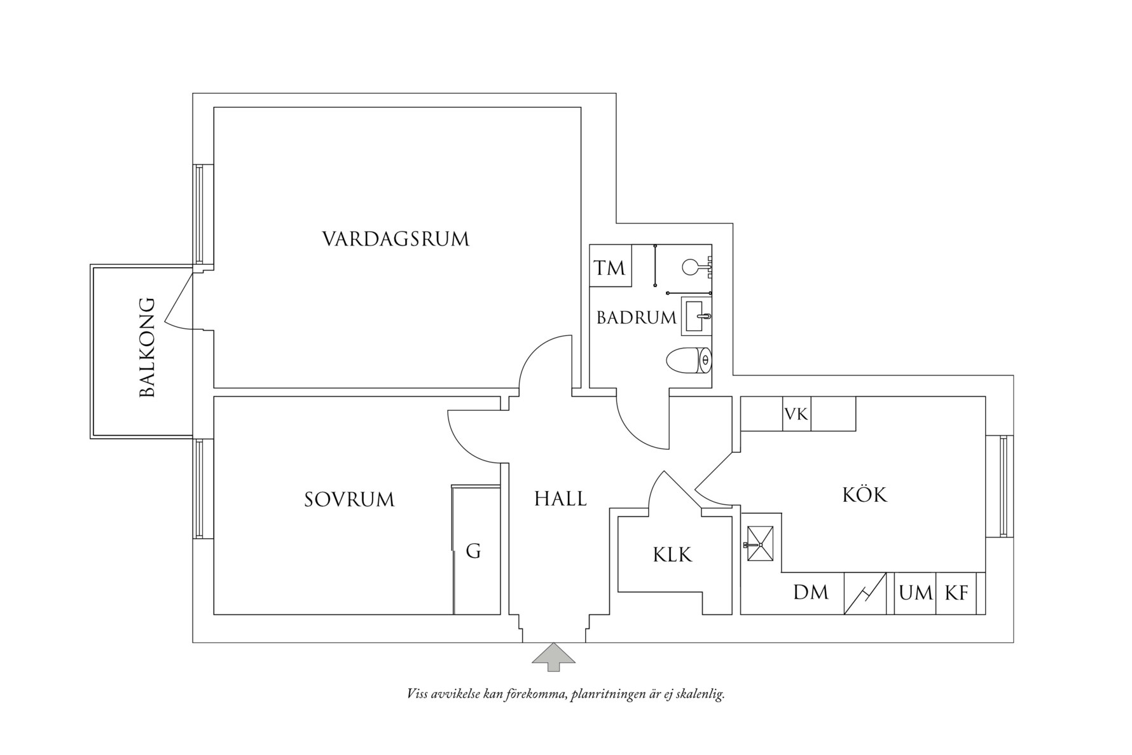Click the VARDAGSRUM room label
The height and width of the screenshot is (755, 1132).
pyautogui.click(x=396, y=239)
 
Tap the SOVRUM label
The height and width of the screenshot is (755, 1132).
pyautogui.click(x=349, y=499)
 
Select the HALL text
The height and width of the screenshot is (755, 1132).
pyautogui.click(x=560, y=499)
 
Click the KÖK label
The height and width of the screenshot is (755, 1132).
pyautogui.click(x=864, y=495)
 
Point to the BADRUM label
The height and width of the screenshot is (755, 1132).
pyautogui.click(x=636, y=317)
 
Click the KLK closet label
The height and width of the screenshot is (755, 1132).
pyautogui.click(x=672, y=555)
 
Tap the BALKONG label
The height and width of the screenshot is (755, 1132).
pyautogui.click(x=148, y=347)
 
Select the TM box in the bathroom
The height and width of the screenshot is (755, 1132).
pyautogui.click(x=610, y=268)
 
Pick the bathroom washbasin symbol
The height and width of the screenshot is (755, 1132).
pyautogui.click(x=696, y=315)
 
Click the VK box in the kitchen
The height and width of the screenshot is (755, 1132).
pyautogui.click(x=796, y=415)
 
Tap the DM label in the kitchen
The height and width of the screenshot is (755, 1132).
pyautogui.click(x=811, y=593)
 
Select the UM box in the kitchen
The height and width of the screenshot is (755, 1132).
pyautogui.click(x=915, y=593)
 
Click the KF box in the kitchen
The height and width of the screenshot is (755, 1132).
pyautogui.click(x=956, y=593)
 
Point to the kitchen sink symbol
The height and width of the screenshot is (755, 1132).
pyautogui.click(x=761, y=544)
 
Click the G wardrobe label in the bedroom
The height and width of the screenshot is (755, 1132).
pyautogui.click(x=473, y=551)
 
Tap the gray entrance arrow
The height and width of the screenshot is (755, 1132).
pyautogui.click(x=553, y=656)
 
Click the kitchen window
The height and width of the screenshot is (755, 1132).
pyautogui.click(x=1004, y=487)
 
